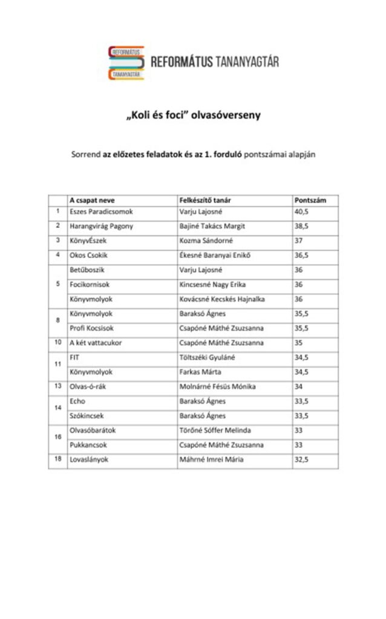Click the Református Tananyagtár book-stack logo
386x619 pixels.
pyautogui.click(x=126, y=62)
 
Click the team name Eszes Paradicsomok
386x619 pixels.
pyautogui.click(x=100, y=212)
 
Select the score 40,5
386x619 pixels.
pyautogui.click(x=301, y=212)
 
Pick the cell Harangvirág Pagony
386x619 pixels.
pyautogui.click(x=101, y=226)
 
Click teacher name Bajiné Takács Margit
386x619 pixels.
pyautogui.click(x=212, y=226)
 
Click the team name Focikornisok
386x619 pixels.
pyautogui.click(x=90, y=284)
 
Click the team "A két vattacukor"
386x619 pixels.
pyautogui.click(x=95, y=343)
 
